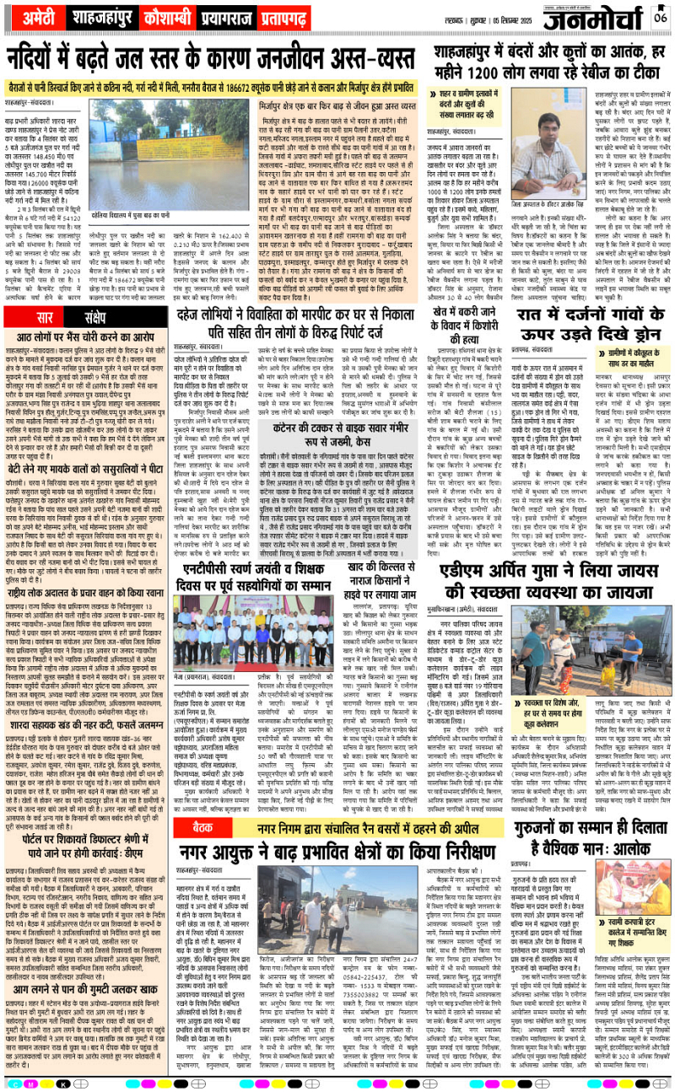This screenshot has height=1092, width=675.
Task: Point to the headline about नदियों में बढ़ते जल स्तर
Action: [x=211, y=62]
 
